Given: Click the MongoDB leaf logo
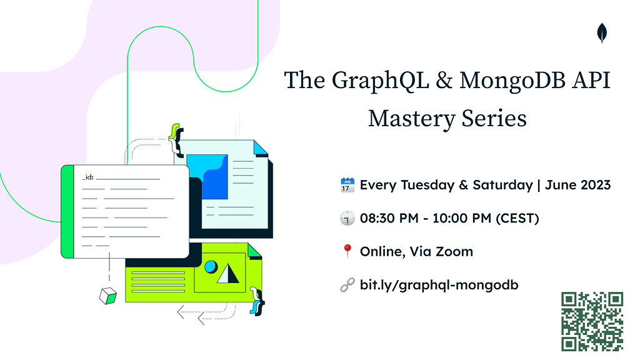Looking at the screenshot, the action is (x=602, y=32).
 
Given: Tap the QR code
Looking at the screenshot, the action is (x=592, y=321).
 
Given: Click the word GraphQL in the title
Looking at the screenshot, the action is (x=380, y=81).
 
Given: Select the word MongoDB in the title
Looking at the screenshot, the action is (x=512, y=81).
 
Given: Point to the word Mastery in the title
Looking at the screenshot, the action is (x=411, y=119).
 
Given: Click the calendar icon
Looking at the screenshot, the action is (x=347, y=185).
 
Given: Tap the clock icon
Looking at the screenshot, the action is (x=347, y=218).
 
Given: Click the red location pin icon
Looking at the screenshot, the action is (x=347, y=251).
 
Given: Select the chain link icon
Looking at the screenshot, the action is (x=347, y=285).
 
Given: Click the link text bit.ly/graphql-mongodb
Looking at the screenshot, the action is (x=439, y=285).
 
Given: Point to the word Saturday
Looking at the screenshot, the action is (x=503, y=185).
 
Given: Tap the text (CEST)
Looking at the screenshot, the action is (x=517, y=218).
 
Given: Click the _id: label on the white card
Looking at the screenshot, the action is (x=87, y=177).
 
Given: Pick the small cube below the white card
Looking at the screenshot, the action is (x=108, y=296).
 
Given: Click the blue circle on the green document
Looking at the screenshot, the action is (x=211, y=267).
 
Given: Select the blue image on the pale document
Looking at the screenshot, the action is (x=207, y=177).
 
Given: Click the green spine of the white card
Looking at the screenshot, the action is (x=67, y=211).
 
